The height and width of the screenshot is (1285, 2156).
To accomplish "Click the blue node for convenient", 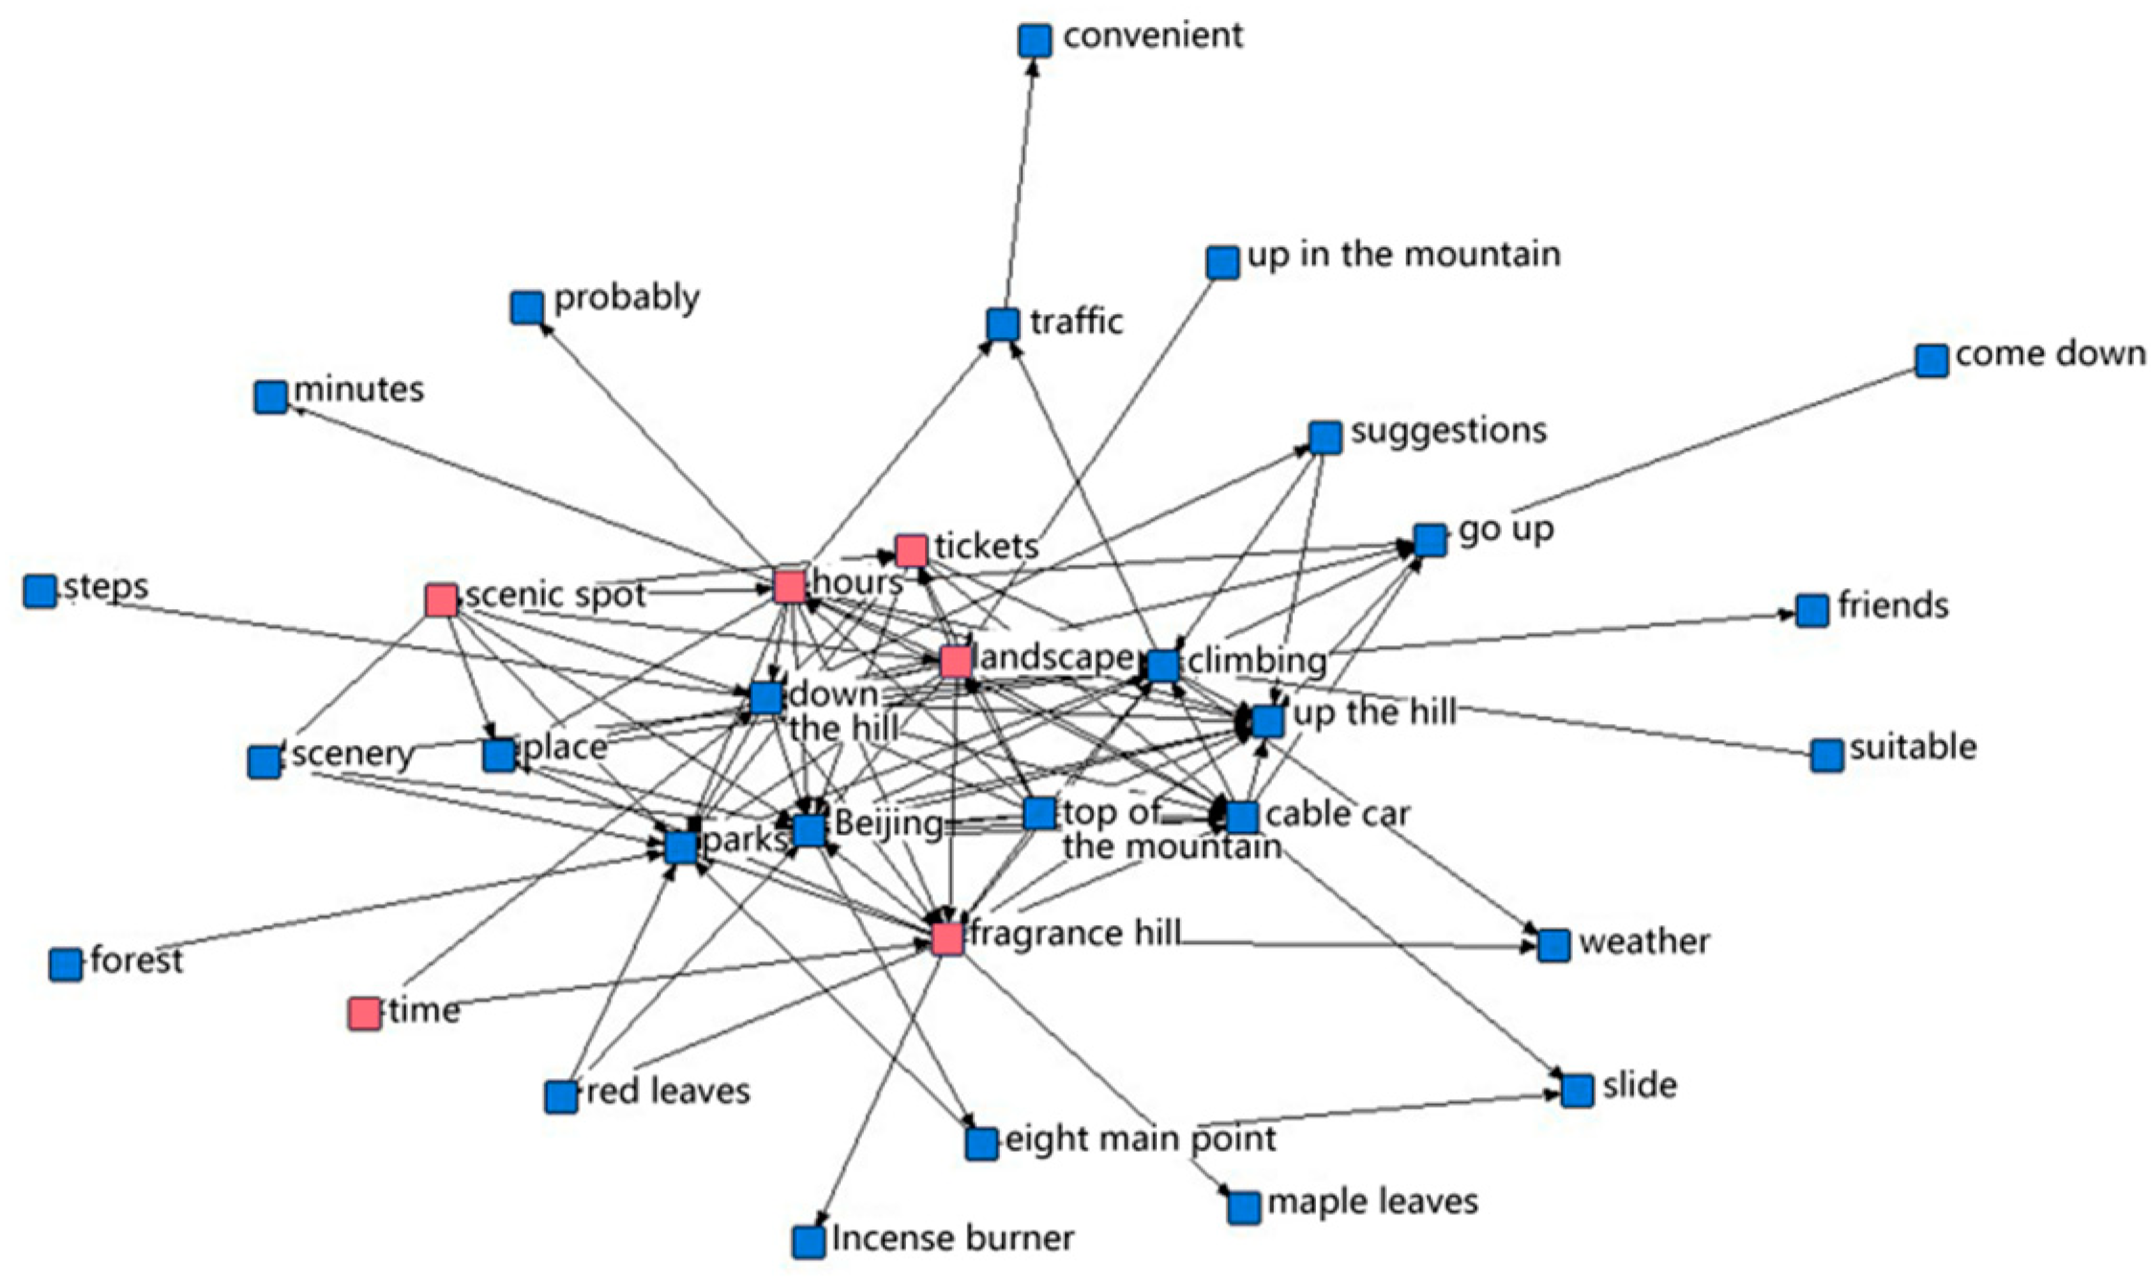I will click(1034, 40).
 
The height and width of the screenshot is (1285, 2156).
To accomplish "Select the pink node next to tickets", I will click(911, 551).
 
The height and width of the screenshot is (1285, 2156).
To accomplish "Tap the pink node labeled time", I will click(364, 1013).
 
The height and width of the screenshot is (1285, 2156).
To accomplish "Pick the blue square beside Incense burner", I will click(808, 1242).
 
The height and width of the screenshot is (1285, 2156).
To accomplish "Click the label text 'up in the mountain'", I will click(1403, 255).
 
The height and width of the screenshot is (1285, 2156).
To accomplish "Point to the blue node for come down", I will click(1932, 361).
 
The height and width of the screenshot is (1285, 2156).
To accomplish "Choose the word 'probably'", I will click(626, 298).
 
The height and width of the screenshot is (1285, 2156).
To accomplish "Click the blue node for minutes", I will click(271, 396).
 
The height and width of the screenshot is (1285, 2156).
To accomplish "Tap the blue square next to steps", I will click(39, 592).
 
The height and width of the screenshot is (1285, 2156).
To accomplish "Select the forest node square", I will click(65, 964).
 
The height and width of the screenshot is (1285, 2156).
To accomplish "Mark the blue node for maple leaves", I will click(1243, 1207).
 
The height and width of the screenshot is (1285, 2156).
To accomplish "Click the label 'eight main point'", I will click(1140, 1139).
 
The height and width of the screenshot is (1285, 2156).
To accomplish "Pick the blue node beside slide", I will click(1577, 1090).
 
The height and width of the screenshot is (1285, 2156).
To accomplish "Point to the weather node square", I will click(1554, 945).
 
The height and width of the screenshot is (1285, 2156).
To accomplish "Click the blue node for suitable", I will click(1827, 755).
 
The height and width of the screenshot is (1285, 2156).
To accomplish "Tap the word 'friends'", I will click(1893, 606).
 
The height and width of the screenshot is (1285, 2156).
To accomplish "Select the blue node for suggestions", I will click(1325, 437).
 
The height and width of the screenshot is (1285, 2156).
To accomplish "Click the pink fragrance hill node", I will click(947, 938).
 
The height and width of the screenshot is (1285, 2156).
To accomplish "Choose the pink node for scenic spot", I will click(441, 600).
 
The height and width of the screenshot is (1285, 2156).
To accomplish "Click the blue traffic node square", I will click(1002, 325).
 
